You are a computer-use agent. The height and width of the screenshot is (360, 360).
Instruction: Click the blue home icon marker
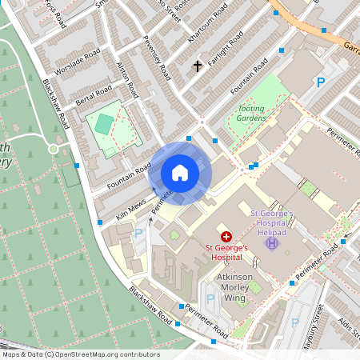coord(180,172)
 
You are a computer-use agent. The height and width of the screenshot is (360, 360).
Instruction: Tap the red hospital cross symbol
coord(226,236)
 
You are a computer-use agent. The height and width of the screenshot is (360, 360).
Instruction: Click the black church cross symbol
coord(198,66)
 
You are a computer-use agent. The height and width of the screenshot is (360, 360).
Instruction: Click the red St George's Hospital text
coord(225,253)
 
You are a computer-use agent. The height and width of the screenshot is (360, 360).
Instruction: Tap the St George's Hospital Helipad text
coord(274,222)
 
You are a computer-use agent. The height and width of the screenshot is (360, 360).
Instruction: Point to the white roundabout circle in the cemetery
coord(54,149)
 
